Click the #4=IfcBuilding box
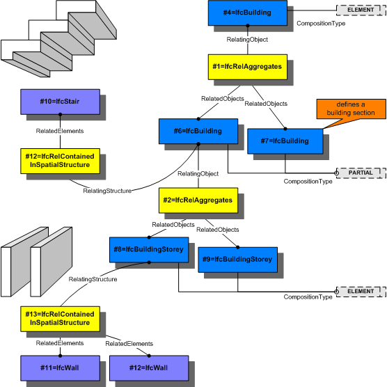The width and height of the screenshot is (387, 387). (248, 13)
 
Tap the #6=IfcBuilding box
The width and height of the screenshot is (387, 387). (198, 131)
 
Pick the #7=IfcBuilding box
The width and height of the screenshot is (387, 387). (285, 141)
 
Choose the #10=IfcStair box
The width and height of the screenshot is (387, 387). (60, 102)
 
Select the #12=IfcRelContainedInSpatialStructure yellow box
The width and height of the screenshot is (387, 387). (60, 160)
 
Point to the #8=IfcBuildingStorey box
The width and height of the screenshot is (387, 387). (149, 248)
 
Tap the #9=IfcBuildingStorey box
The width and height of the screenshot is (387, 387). (237, 258)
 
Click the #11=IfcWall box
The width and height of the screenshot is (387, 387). (60, 367)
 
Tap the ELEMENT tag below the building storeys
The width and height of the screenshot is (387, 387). (361, 290)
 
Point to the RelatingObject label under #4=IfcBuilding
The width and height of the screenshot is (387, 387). (247, 40)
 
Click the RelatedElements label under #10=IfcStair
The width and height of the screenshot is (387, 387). (60, 131)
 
